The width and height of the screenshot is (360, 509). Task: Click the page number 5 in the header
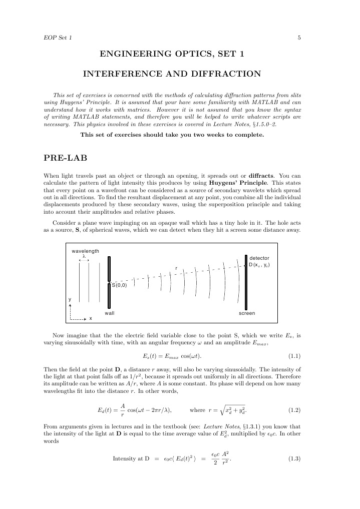[x=298, y=38]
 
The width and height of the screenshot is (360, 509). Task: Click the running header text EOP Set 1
[x=58, y=38]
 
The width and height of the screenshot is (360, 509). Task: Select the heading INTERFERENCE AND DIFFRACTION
[x=172, y=74]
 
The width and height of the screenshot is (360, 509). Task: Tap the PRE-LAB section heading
[x=66, y=158]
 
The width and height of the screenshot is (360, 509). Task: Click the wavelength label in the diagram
[x=85, y=251]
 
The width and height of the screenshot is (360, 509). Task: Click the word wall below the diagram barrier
[x=109, y=313]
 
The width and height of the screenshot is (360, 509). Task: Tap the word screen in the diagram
[x=247, y=313]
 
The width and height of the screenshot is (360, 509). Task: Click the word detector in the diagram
[x=259, y=258]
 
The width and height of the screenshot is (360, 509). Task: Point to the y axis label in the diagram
[x=70, y=299]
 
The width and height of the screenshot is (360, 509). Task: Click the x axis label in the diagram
[x=91, y=319]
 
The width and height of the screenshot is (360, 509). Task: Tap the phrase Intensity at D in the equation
[x=132, y=458]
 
